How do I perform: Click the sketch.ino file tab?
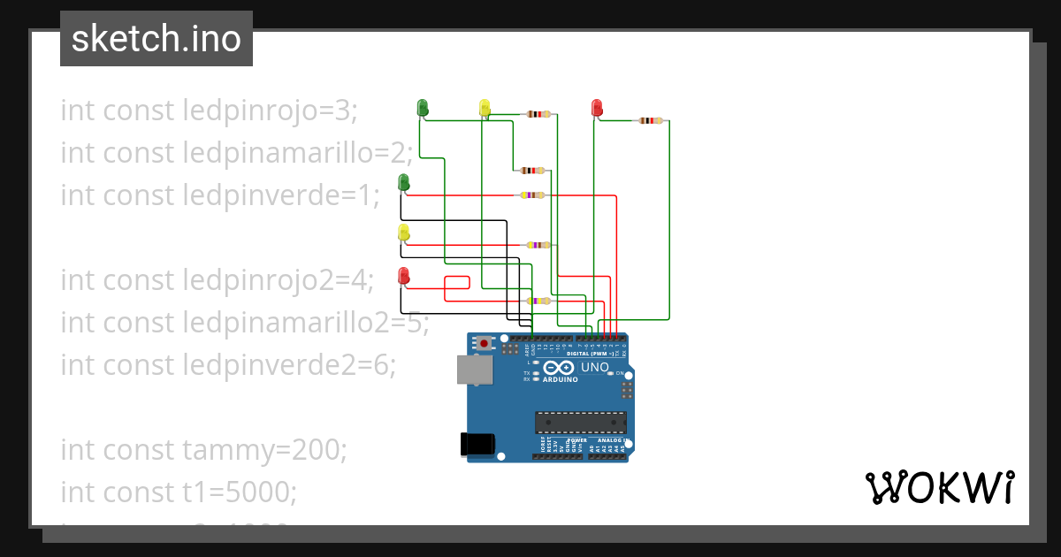click(156, 39)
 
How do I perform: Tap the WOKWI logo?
click(938, 488)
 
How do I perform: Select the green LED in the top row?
click(423, 108)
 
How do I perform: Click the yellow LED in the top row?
click(485, 108)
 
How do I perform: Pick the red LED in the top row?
click(597, 108)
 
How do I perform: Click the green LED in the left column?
click(403, 182)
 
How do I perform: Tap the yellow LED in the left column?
click(403, 233)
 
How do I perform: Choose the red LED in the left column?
click(403, 276)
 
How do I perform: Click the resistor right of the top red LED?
click(651, 120)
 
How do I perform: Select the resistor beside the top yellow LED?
click(538, 114)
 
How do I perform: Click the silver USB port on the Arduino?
click(475, 370)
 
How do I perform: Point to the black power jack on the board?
click(478, 444)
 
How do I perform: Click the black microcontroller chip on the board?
click(580, 423)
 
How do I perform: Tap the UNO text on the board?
click(594, 367)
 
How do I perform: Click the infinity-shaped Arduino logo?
click(561, 368)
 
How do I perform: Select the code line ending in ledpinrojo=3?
click(209, 111)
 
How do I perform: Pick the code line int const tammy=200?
click(204, 450)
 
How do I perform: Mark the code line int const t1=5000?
click(179, 491)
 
